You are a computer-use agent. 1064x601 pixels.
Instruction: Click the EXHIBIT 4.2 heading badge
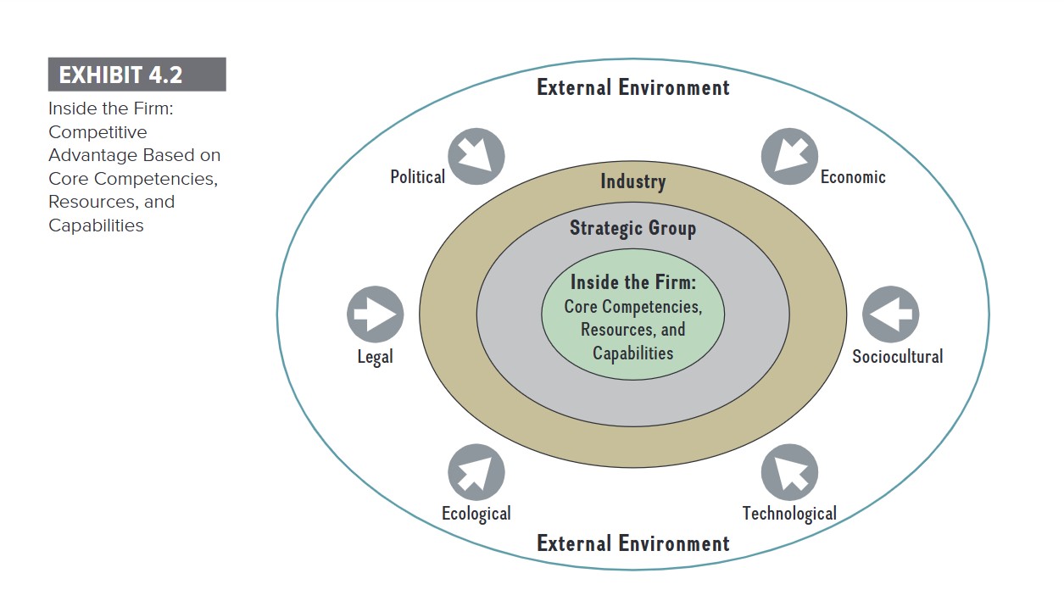pyautogui.click(x=136, y=75)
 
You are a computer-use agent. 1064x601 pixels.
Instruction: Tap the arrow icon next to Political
pyautogui.click(x=476, y=157)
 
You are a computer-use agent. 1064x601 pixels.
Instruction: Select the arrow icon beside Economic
pyautogui.click(x=789, y=157)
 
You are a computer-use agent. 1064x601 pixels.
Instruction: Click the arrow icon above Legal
pyautogui.click(x=375, y=314)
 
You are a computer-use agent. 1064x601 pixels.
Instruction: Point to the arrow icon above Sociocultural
pyautogui.click(x=890, y=314)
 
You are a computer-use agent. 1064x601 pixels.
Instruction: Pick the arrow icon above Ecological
pyautogui.click(x=476, y=473)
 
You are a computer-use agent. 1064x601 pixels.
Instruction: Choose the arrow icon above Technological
pyautogui.click(x=789, y=473)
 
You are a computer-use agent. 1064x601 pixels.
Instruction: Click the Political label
pyautogui.click(x=417, y=177)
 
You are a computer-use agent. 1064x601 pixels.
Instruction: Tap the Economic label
pyautogui.click(x=853, y=177)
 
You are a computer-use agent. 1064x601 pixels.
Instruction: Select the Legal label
pyautogui.click(x=375, y=357)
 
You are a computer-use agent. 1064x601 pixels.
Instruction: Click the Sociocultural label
pyautogui.click(x=897, y=357)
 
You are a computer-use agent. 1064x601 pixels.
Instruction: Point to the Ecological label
pyautogui.click(x=476, y=514)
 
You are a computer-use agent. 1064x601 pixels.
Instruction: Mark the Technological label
pyautogui.click(x=789, y=514)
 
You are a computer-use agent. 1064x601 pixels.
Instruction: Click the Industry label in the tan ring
pyautogui.click(x=633, y=181)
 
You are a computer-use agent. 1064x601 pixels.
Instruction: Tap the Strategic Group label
pyautogui.click(x=632, y=228)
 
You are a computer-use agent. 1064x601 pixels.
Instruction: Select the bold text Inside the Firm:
pyautogui.click(x=632, y=282)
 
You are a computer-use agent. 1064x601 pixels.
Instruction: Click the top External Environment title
pyautogui.click(x=632, y=87)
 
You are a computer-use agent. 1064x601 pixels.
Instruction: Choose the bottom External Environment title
pyautogui.click(x=632, y=543)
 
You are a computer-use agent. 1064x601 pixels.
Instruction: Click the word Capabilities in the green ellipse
pyautogui.click(x=632, y=353)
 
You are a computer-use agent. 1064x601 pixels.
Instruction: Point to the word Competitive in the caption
pyautogui.click(x=97, y=132)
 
